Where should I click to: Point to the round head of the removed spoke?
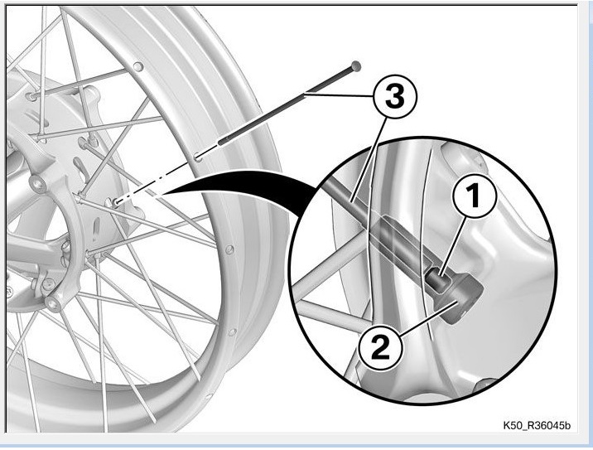356,64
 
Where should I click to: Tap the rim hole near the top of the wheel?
137,65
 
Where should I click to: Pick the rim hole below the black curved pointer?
229,247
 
